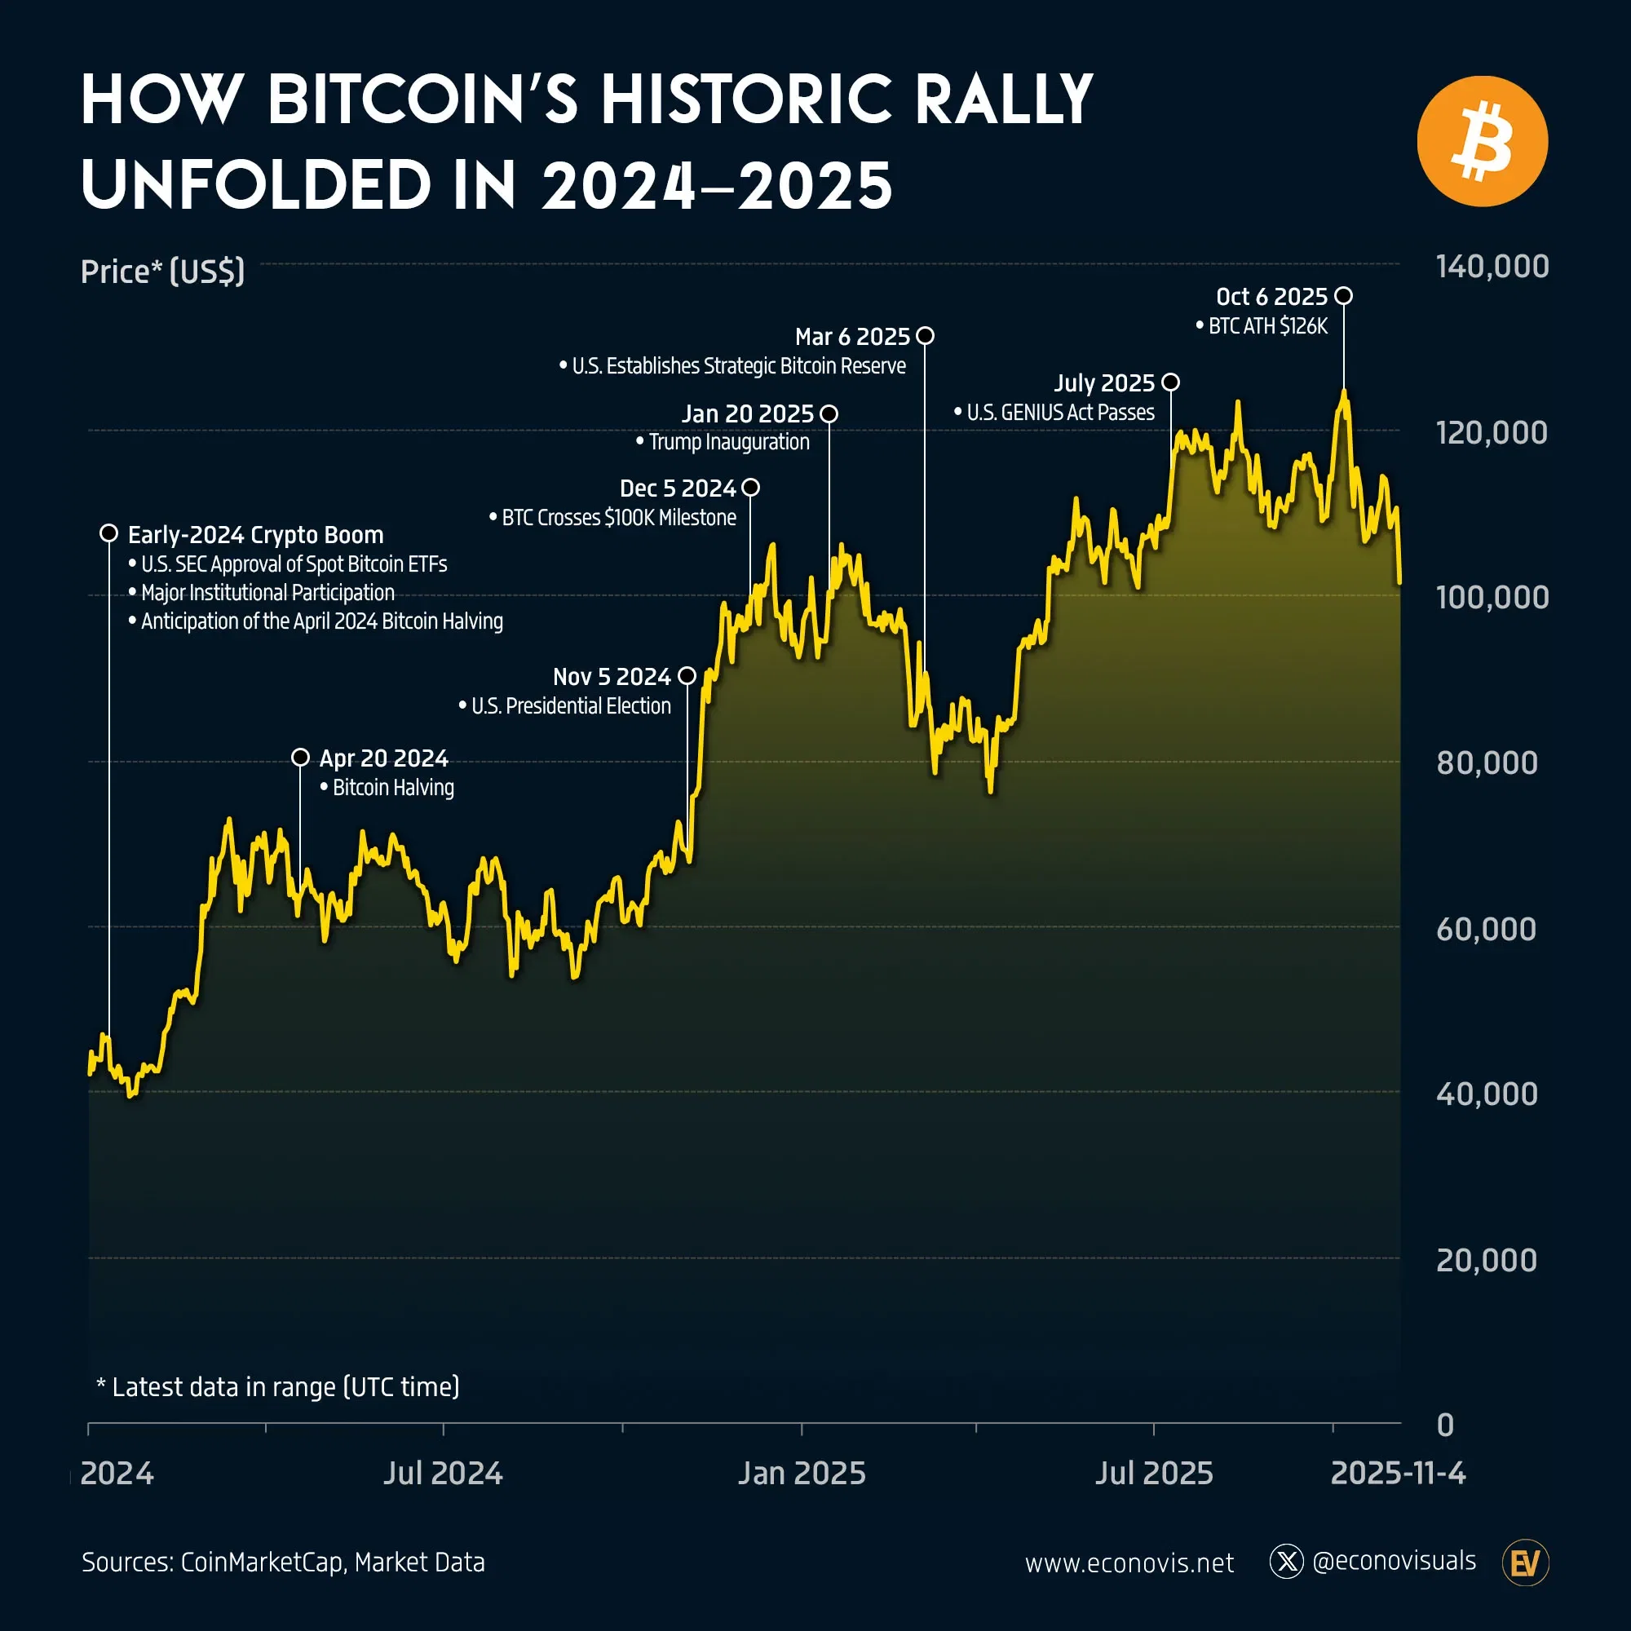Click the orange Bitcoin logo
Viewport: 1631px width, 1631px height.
coord(1482,142)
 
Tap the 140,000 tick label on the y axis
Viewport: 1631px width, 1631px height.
coord(1492,267)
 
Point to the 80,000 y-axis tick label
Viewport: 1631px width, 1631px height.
coord(1486,763)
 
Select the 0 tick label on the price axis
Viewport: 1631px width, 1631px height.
coord(1444,1425)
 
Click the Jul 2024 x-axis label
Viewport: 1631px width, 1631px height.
coord(443,1473)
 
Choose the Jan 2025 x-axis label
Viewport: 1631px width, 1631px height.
coord(801,1473)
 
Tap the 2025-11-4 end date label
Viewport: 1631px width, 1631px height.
coord(1397,1473)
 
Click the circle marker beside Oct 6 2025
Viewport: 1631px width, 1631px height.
coord(1344,296)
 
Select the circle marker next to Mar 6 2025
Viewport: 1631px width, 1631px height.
coord(926,336)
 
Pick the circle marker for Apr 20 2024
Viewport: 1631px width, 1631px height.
coord(301,758)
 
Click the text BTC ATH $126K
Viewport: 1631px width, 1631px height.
coord(1267,327)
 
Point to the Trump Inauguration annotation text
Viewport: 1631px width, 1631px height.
coord(728,442)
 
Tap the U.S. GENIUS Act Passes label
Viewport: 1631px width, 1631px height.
coord(1059,413)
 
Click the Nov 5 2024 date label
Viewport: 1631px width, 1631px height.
coord(611,677)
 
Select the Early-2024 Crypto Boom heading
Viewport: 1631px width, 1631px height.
coord(255,535)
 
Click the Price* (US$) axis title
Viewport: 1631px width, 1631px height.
coord(162,272)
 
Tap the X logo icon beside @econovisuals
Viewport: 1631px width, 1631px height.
coord(1286,1562)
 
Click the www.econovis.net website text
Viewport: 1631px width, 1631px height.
coord(1129,1563)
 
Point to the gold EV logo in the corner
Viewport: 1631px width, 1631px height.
coord(1526,1562)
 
